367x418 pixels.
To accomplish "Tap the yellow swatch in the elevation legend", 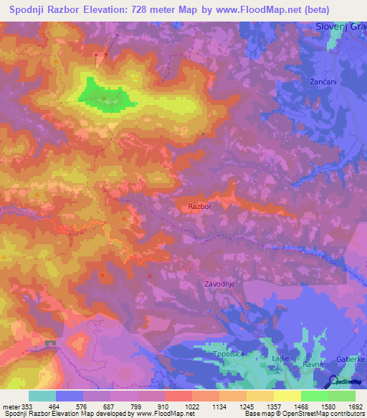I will (x=287, y=396).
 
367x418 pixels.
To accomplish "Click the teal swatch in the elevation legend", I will (x=42, y=396).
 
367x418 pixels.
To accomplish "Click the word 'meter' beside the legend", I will (x=11, y=406).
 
